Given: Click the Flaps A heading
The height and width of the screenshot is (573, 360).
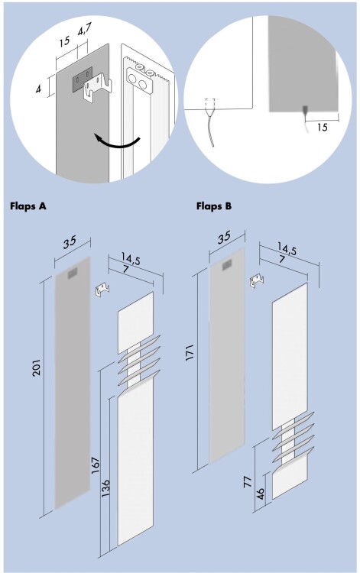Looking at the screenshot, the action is tap(28, 206).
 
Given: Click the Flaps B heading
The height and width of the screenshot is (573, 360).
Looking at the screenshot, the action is tap(214, 206).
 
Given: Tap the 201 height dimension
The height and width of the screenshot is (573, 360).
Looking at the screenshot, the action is tap(37, 367).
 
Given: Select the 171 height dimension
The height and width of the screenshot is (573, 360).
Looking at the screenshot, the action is tap(190, 353).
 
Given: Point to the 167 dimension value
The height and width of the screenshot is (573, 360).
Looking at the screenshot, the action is tap(96, 465).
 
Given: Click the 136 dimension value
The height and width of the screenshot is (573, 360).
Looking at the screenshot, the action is tap(105, 488).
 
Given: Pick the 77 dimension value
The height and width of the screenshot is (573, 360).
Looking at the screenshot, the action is tap(248, 481).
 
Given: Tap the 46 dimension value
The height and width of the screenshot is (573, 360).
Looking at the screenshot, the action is tap(261, 494).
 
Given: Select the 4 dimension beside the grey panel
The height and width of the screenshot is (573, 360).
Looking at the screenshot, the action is tap(38, 89).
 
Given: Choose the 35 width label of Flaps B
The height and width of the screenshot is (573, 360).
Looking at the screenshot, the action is tap(224, 238).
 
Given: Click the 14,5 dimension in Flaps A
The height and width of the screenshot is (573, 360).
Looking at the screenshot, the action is tap(131, 259).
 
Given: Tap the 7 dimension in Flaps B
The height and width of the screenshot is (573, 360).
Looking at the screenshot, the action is tap(281, 260).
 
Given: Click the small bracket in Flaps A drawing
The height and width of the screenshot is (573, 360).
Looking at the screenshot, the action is tap(102, 289).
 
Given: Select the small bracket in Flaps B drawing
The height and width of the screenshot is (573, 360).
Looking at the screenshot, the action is tap(257, 281).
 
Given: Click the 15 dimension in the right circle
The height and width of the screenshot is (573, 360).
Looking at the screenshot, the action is tap(322, 128).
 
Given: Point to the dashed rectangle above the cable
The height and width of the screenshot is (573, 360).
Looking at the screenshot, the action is tap(210, 104).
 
